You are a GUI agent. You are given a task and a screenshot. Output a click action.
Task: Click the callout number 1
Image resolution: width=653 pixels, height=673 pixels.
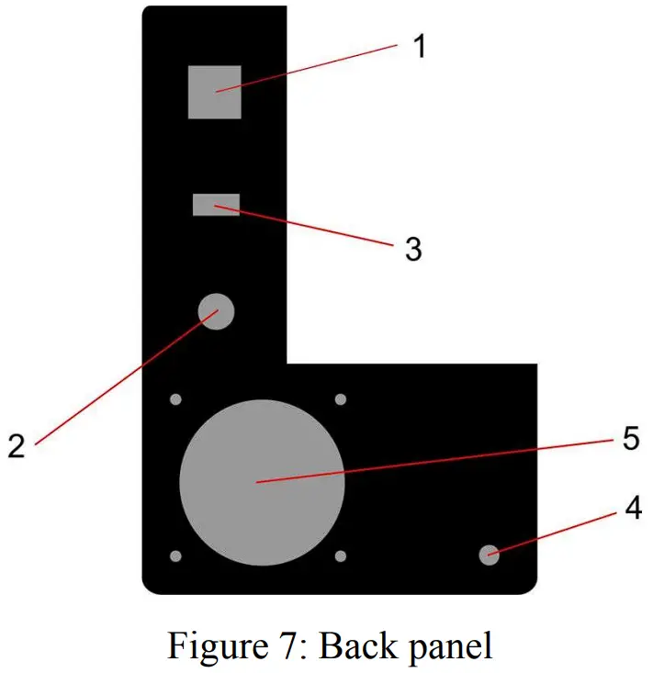coord(419,45)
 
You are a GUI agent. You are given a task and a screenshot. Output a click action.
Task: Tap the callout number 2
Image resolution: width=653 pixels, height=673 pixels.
coord(16,444)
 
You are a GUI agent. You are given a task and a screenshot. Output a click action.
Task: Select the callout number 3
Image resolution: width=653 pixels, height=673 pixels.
coord(413,247)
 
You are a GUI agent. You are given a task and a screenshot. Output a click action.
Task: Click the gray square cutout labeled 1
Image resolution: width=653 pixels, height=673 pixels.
coord(215,92)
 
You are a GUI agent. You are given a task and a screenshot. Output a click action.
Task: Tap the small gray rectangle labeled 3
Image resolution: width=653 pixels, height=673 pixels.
coord(216,204)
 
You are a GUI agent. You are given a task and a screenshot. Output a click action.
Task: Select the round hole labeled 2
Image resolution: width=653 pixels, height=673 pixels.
coord(217,310)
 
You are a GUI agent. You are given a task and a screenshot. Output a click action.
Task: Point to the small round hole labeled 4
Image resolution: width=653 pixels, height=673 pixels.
coord(490,554)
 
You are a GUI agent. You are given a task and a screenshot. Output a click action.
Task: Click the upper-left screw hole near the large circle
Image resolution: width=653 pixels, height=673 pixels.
coord(176,399)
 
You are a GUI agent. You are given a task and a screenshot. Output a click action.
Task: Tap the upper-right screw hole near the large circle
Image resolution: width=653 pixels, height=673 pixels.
coord(340,399)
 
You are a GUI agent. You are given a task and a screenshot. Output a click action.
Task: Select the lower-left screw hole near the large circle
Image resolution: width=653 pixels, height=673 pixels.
coord(176,556)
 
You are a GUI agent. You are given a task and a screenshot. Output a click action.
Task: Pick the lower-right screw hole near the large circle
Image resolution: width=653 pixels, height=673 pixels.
coord(340,556)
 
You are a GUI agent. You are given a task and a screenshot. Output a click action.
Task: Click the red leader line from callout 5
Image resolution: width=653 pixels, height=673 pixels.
coord(432,460)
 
